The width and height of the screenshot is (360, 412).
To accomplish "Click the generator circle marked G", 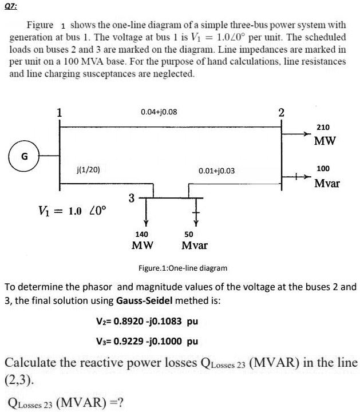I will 24,156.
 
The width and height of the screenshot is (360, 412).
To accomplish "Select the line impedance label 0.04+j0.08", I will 159,112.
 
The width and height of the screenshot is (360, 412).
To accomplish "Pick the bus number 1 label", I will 59,112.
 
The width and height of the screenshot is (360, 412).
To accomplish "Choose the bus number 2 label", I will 280,112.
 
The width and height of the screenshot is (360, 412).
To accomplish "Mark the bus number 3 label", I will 131,198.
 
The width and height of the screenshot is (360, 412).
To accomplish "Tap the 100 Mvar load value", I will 326,176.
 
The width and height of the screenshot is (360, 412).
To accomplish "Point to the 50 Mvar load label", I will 192,240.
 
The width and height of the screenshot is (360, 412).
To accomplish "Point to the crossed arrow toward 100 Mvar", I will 298,177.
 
